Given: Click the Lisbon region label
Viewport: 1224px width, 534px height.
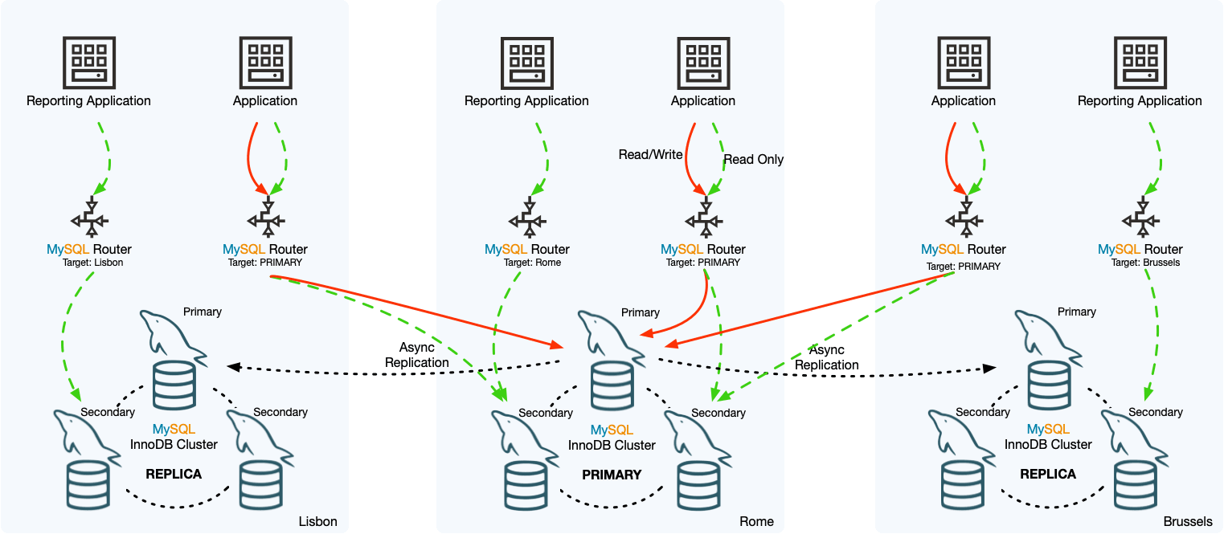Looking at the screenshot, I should click(317, 521).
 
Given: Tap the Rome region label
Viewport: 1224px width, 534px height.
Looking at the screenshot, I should click(756, 521).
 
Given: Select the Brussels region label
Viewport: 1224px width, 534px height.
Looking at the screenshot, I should click(1187, 521).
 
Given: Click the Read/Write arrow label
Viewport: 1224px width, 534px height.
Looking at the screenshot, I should click(650, 154).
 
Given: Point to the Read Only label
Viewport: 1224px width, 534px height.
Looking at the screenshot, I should click(753, 160).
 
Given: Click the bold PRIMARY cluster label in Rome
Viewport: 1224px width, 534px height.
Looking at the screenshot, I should click(612, 475).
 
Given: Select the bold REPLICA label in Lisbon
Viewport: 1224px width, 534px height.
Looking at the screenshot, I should click(174, 474).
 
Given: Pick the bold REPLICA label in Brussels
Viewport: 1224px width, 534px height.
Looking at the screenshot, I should click(1048, 474).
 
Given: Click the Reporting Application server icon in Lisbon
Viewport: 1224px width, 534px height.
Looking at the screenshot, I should click(88, 62).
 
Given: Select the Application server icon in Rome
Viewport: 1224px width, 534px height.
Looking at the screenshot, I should click(703, 62).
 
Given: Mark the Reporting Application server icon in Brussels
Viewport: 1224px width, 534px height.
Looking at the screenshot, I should click(1140, 62).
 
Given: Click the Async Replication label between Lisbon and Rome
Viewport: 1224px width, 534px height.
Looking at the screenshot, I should click(417, 355).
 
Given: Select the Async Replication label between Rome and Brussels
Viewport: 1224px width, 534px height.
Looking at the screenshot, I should click(827, 357).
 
